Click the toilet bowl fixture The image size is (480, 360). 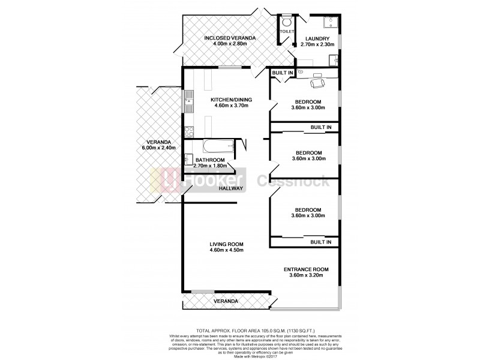285,20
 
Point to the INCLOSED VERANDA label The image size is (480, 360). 230,38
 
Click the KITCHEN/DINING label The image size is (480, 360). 231,100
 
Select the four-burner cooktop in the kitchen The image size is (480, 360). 188,130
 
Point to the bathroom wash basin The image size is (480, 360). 188,159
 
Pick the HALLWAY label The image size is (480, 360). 231,188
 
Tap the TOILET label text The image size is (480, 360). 286,31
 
